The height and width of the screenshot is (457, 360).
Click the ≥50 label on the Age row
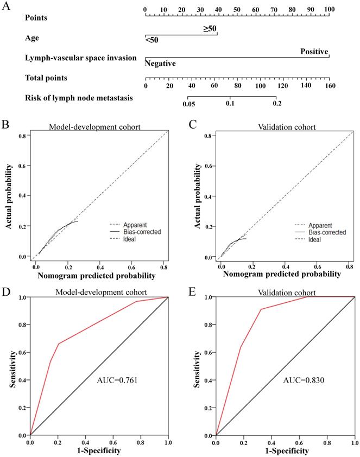click(210, 28)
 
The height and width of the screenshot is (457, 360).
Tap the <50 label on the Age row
click(151, 40)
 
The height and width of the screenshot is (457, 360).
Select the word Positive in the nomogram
click(315, 52)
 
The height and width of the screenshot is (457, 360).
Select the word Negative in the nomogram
click(160, 64)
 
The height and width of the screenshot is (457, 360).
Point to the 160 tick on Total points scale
click(330, 86)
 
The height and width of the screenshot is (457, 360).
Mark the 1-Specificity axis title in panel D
click(98, 450)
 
